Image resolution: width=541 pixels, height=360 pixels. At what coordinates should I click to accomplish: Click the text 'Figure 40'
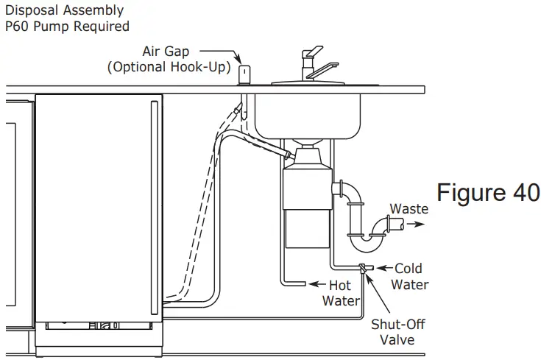pyautogui.click(x=488, y=193)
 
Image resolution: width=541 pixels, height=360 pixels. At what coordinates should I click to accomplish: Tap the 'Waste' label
pyautogui.click(x=409, y=209)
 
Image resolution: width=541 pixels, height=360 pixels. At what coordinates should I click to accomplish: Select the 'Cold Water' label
pyautogui.click(x=409, y=276)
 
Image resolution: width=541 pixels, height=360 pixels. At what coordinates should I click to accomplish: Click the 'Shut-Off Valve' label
pyautogui.click(x=397, y=331)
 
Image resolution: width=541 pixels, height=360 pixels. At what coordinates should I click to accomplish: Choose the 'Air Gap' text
pyautogui.click(x=167, y=52)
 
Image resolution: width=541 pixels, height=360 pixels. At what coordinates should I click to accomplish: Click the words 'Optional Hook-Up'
pyautogui.click(x=169, y=68)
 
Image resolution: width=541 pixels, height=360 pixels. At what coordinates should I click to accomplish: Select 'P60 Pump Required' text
pyautogui.click(x=67, y=27)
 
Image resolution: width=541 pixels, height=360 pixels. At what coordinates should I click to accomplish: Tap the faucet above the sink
pyautogui.click(x=313, y=63)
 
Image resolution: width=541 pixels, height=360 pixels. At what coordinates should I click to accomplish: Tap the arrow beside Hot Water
pyautogui.click(x=318, y=283)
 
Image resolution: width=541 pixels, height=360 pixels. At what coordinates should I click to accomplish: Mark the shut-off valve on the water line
pyautogui.click(x=364, y=269)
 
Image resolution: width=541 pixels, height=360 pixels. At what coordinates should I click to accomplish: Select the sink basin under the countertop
pyautogui.click(x=317, y=110)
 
